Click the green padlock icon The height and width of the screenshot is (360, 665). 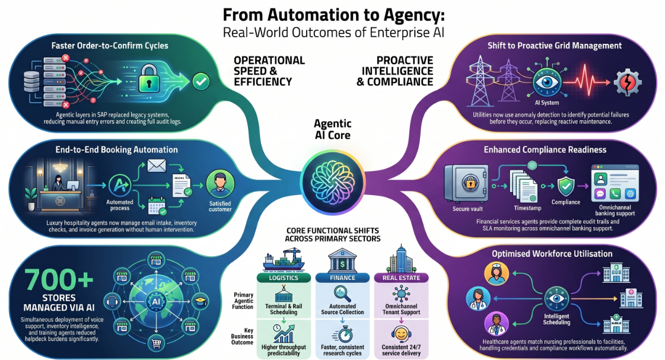click(148, 78)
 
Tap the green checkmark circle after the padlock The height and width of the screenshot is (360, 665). click(201, 81)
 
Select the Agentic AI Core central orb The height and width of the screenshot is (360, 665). click(332, 182)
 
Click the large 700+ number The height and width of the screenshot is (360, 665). click(59, 280)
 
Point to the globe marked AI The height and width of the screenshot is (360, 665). click(156, 301)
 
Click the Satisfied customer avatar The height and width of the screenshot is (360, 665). click(220, 184)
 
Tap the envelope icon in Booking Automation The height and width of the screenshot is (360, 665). click(157, 166)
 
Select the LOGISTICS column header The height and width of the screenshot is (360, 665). click(284, 278)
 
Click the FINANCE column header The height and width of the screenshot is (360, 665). click(342, 278)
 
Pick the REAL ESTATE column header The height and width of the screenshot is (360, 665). click(401, 278)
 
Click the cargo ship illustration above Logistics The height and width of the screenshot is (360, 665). click(284, 260)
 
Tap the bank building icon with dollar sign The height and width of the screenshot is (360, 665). click(342, 260)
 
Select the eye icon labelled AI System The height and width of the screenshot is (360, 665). click(547, 81)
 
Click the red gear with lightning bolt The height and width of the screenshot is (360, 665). click(627, 82)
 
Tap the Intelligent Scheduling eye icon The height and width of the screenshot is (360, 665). click(556, 299)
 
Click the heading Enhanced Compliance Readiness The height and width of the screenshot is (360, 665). click(545, 149)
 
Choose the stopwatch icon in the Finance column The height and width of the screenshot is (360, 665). click(343, 335)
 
